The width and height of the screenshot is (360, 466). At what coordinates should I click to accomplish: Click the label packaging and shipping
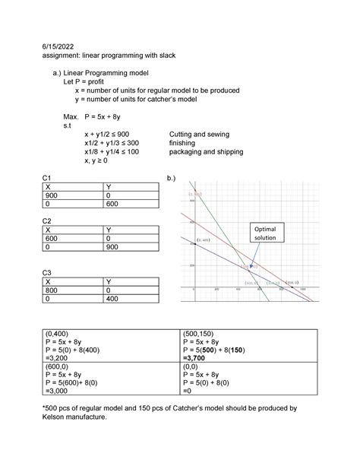coord(207,151)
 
